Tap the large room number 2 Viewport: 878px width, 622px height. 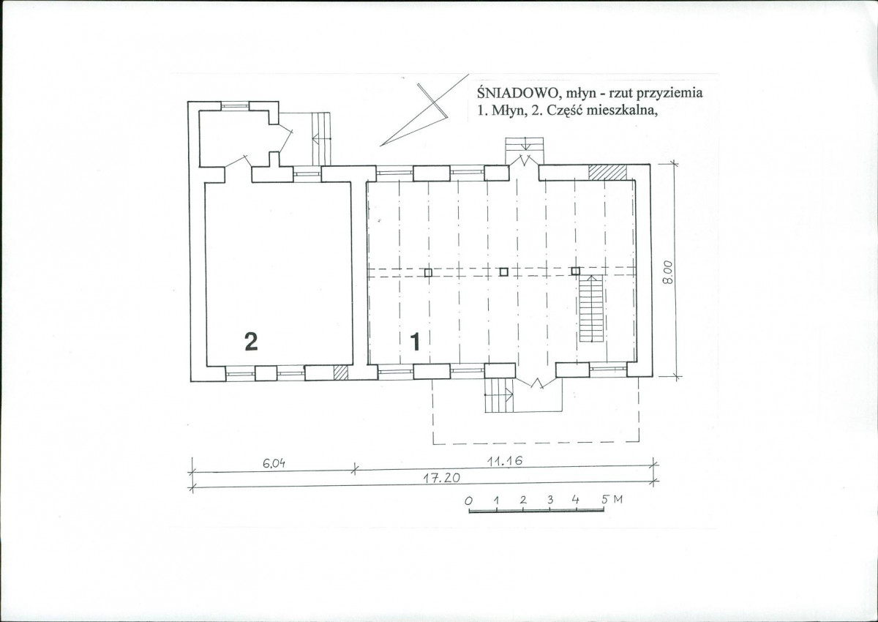point(251,341)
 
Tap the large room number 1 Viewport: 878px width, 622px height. point(415,341)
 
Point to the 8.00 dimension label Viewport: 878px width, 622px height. point(668,272)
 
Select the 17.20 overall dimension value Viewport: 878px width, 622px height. point(442,478)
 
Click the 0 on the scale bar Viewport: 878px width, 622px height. point(468,501)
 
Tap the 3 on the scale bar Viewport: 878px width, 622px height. point(550,500)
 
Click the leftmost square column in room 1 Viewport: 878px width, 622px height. point(429,272)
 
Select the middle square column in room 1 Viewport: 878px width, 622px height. point(504,271)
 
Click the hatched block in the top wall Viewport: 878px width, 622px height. point(607,173)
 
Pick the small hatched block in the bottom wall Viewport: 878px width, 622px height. point(341,372)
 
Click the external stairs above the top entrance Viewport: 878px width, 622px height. point(525,151)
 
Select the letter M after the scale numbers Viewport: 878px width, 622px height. point(618,499)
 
